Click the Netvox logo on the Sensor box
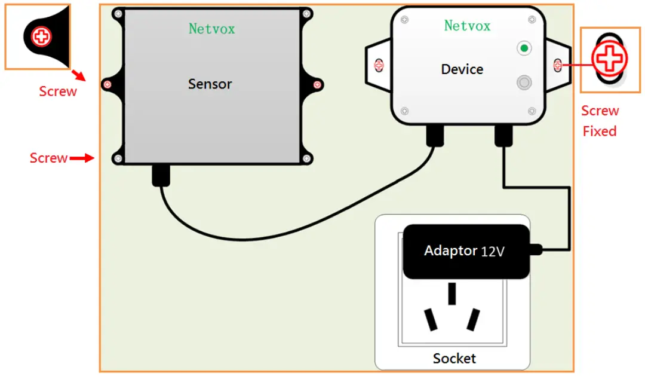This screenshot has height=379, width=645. [212, 28]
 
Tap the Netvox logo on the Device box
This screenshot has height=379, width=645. [467, 26]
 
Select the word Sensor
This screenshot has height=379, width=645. [210, 84]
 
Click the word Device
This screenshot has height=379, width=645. [462, 69]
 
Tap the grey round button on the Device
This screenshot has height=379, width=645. [524, 82]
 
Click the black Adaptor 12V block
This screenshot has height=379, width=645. [466, 251]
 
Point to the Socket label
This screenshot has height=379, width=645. [454, 358]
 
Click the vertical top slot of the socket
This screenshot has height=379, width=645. [452, 294]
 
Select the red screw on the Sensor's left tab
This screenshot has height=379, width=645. [107, 84]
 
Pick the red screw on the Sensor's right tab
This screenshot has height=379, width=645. [318, 84]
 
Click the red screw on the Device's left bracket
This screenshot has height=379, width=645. [377, 64]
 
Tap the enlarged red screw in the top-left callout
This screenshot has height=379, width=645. [42, 36]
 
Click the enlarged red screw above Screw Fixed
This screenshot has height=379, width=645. [610, 59]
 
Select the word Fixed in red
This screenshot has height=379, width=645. [599, 131]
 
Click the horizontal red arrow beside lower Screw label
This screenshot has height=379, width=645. [82, 158]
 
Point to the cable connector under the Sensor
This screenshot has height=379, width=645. [161, 175]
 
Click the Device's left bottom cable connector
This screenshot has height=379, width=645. [434, 136]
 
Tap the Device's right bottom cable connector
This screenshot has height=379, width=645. [503, 136]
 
